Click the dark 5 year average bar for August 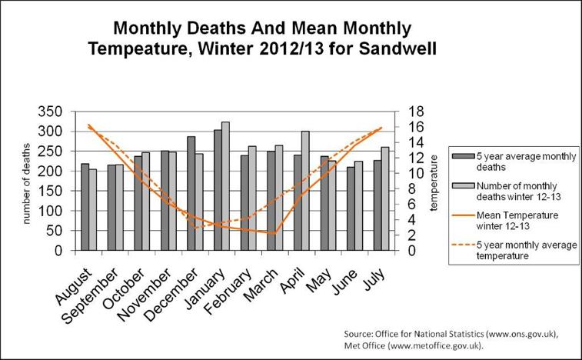(x=85, y=207)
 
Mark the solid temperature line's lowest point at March (x=273, y=233)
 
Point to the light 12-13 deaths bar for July (x=385, y=198)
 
